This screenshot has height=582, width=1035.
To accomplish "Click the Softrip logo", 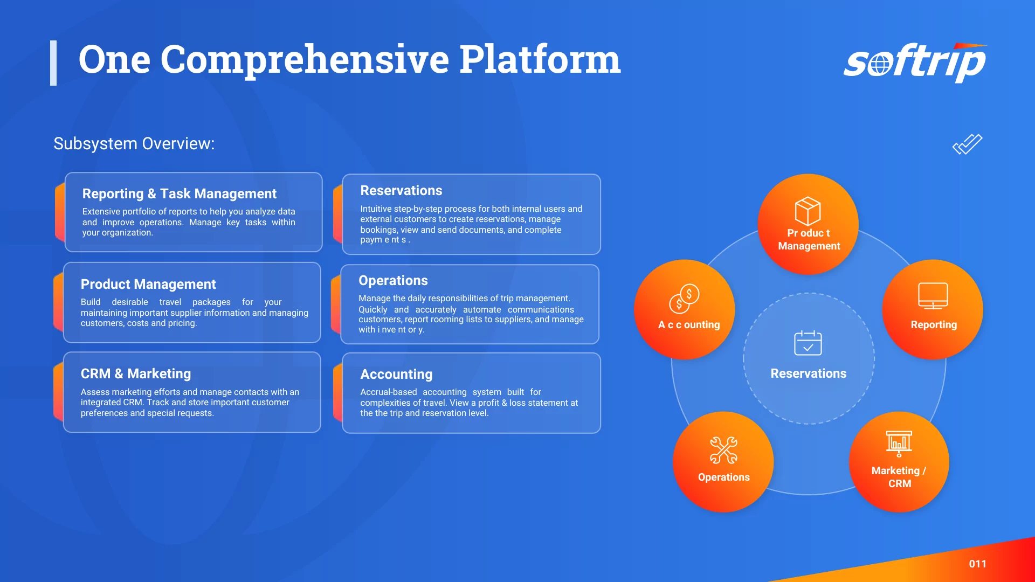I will pyautogui.click(x=915, y=63).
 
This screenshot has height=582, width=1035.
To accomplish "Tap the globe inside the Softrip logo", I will pyautogui.click(x=879, y=65).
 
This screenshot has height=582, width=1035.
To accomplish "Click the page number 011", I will pyautogui.click(x=977, y=564).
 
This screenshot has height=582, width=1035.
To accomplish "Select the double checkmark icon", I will pyautogui.click(x=967, y=144).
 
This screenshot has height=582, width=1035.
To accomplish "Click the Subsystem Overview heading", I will pyautogui.click(x=134, y=144).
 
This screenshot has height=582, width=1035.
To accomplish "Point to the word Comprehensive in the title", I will pyautogui.click(x=305, y=60).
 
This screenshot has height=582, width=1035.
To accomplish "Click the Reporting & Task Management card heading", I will pyautogui.click(x=179, y=193).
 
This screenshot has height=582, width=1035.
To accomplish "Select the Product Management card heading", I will pyautogui.click(x=148, y=284).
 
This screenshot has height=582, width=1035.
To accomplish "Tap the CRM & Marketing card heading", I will pyautogui.click(x=136, y=373).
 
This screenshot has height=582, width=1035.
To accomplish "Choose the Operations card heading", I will pyautogui.click(x=393, y=280).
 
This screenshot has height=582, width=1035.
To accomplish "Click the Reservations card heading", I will pyautogui.click(x=401, y=190).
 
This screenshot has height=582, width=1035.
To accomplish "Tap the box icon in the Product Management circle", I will pyautogui.click(x=808, y=211).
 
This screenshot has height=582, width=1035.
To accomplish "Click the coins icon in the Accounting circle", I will pyautogui.click(x=684, y=299).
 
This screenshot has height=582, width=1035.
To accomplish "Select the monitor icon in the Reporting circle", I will pyautogui.click(x=933, y=296).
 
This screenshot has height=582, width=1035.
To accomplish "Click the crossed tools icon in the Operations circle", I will pyautogui.click(x=723, y=450).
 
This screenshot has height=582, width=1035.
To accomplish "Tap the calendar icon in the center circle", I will pyautogui.click(x=808, y=343).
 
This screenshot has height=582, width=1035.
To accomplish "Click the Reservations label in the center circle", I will pyautogui.click(x=808, y=373).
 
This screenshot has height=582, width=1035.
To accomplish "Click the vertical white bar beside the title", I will pyautogui.click(x=53, y=63).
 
